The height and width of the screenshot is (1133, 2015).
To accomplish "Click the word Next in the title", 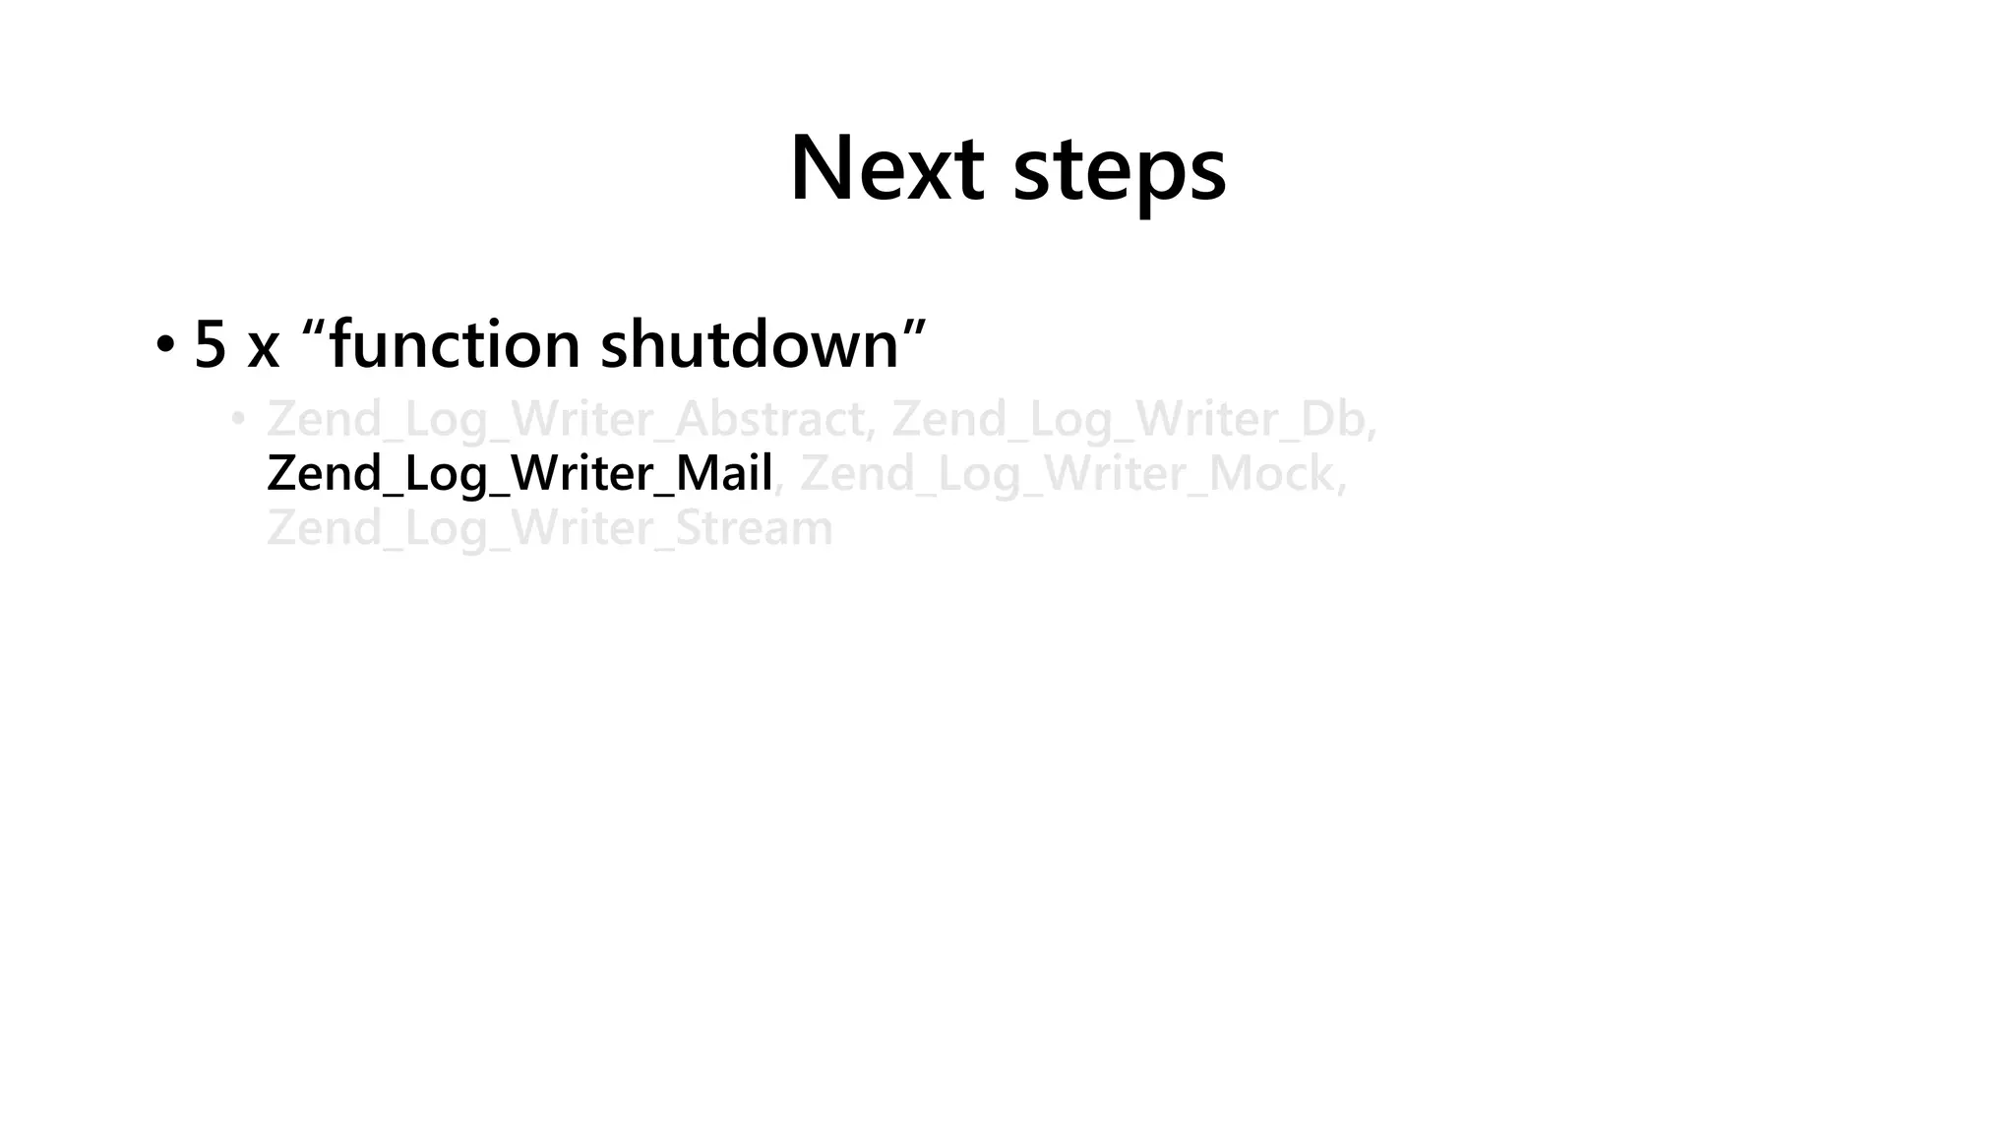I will pyautogui.click(x=886, y=168).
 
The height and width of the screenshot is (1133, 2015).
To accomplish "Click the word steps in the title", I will pyautogui.click(x=1119, y=172).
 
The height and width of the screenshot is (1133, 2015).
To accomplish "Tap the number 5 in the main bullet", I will pyautogui.click(x=211, y=344).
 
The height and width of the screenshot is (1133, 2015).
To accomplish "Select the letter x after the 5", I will pyautogui.click(x=263, y=348).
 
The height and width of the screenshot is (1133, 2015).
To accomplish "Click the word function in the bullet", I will pyautogui.click(x=455, y=344).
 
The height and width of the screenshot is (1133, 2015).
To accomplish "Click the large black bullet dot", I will pyautogui.click(x=165, y=345).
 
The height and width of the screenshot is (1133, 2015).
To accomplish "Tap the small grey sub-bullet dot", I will pyautogui.click(x=237, y=420).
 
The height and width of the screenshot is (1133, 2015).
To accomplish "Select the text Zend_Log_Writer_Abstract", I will pyautogui.click(x=566, y=420).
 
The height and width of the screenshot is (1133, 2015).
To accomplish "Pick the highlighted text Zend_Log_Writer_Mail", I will pyautogui.click(x=519, y=474).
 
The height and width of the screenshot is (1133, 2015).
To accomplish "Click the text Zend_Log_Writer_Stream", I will pyautogui.click(x=549, y=528).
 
